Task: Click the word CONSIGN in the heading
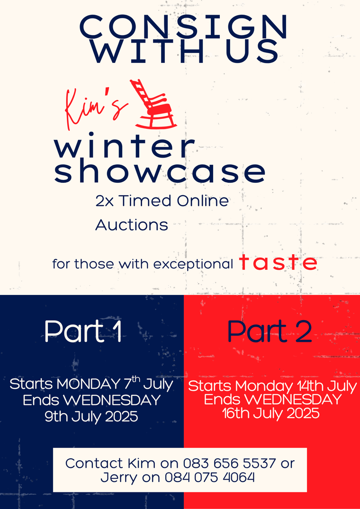click(x=183, y=27)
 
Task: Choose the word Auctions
click(x=132, y=225)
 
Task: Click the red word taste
click(x=278, y=263)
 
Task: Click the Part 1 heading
click(x=83, y=331)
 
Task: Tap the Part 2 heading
click(x=270, y=331)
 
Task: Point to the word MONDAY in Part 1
click(x=88, y=384)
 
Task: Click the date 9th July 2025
click(x=91, y=416)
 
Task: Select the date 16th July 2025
click(x=271, y=413)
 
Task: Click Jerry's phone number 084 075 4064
click(x=209, y=477)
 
